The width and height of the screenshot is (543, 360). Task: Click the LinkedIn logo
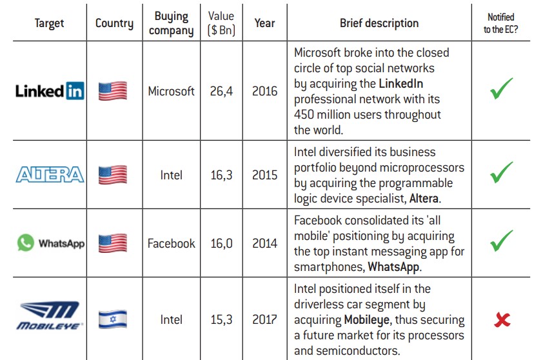[50, 91]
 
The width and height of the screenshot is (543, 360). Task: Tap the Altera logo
[50, 175]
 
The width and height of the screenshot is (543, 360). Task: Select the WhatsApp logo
[51, 243]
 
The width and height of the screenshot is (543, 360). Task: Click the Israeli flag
[113, 319]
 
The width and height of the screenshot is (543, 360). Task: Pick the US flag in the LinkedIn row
[113, 91]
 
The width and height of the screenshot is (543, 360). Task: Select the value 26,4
[221, 91]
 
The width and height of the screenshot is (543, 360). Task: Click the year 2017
[264, 319]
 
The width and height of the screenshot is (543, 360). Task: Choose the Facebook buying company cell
[171, 243]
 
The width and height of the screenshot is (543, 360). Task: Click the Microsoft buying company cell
[171, 91]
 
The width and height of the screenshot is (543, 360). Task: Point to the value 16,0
[221, 243]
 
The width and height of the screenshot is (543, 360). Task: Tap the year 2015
[264, 175]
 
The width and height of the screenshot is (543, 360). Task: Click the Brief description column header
[379, 23]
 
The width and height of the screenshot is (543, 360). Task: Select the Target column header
[50, 23]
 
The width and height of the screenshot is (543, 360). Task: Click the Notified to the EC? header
[501, 23]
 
